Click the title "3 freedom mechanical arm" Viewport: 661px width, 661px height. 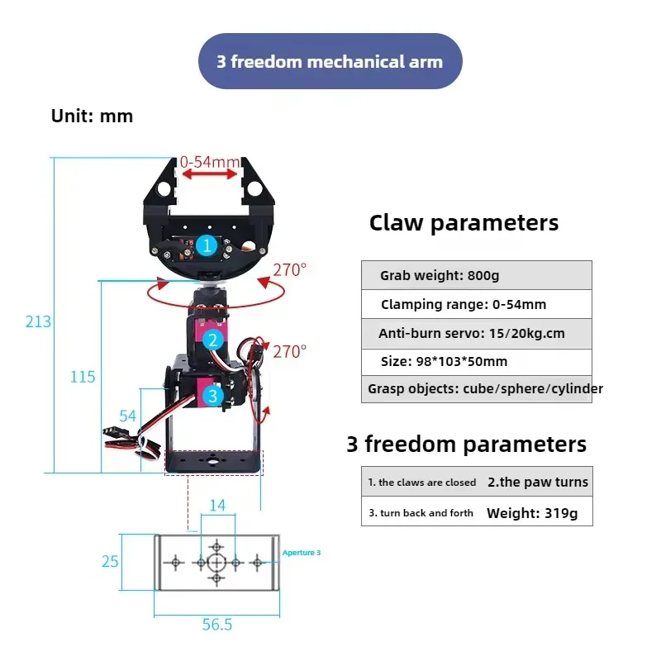click(x=330, y=61)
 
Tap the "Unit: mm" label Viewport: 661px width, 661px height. click(x=92, y=116)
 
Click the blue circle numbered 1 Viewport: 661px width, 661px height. click(x=207, y=245)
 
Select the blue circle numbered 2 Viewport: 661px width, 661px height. click(x=213, y=340)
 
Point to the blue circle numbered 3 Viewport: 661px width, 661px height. click(x=213, y=396)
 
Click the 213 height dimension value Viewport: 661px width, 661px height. click(x=38, y=321)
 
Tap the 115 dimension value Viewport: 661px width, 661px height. click(x=83, y=377)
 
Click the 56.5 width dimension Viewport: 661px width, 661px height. click(x=216, y=625)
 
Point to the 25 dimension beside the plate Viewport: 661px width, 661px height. click(x=111, y=562)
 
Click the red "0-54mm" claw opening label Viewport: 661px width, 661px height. click(x=210, y=162)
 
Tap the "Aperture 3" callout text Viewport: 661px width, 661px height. click(x=301, y=552)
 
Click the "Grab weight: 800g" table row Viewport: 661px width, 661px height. click(x=476, y=275)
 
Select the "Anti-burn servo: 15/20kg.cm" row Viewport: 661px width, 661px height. click(x=476, y=334)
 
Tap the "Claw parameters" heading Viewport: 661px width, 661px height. click(x=464, y=223)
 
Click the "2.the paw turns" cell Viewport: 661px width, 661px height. click(x=537, y=483)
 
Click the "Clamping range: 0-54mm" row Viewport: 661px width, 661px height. click(x=476, y=304)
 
